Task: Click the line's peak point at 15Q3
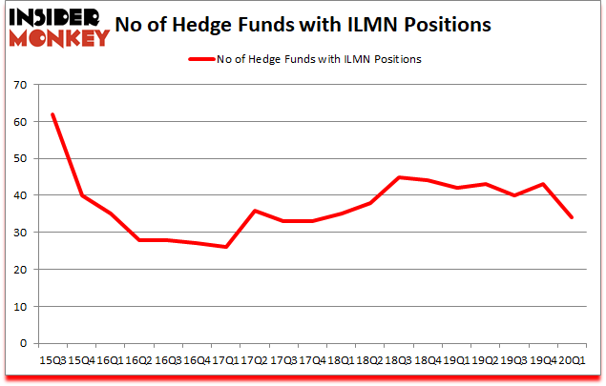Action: tap(52, 114)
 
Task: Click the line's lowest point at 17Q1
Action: tap(225, 247)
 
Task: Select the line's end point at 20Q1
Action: tap(571, 217)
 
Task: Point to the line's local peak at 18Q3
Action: tap(398, 177)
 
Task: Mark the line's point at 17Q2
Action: tap(254, 211)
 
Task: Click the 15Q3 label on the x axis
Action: tap(52, 359)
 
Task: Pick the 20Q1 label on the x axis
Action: tap(571, 359)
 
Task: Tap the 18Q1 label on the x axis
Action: tap(341, 359)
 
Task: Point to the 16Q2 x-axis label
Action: tap(139, 359)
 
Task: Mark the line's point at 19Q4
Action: tap(542, 184)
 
